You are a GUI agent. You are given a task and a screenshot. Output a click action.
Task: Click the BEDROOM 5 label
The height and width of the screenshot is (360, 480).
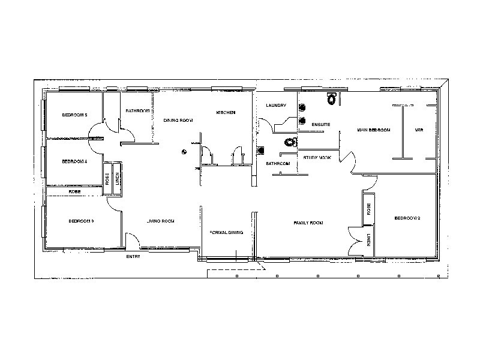(75, 115)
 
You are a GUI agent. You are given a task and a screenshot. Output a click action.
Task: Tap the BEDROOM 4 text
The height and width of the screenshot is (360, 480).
(75, 161)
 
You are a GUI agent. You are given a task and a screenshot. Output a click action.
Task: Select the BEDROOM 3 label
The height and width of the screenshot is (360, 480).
(81, 221)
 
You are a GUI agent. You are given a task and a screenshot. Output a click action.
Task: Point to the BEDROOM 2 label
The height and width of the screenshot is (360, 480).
(406, 218)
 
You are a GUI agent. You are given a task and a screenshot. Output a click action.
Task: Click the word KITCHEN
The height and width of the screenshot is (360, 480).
(226, 113)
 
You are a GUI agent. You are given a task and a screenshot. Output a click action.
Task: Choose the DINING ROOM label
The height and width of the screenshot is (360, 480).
(178, 121)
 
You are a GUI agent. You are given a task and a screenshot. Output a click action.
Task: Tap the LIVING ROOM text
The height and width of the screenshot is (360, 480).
(160, 221)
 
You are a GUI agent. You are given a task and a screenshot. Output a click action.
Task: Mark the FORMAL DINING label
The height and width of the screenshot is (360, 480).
(226, 233)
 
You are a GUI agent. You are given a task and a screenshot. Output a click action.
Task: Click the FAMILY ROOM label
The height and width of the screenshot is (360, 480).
(308, 223)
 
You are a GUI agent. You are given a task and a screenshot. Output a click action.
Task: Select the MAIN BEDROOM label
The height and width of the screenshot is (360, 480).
(374, 130)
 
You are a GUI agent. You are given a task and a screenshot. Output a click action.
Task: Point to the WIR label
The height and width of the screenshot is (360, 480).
(419, 130)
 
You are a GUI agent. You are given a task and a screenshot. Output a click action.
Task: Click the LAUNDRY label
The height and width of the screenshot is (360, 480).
(276, 106)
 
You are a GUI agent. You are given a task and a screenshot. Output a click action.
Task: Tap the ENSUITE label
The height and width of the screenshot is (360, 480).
(320, 124)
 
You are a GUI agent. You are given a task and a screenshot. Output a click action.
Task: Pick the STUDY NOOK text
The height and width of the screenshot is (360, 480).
(317, 157)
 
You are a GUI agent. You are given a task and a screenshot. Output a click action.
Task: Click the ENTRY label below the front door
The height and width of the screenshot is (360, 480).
(133, 257)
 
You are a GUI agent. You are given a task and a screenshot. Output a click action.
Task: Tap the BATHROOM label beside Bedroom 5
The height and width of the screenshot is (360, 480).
(137, 111)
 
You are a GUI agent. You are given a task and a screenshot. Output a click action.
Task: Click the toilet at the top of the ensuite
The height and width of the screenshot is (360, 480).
(331, 95)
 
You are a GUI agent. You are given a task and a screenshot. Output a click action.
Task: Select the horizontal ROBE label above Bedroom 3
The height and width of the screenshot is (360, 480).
(75, 191)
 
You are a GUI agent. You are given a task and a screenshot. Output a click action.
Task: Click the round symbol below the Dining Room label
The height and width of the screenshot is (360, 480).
(185, 151)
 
